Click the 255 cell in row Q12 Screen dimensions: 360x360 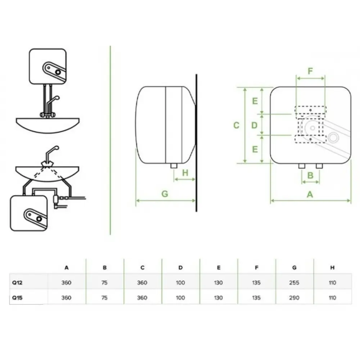coord(294,282)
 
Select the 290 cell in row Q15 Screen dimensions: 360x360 coord(294,298)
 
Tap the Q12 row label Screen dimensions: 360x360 coord(17,282)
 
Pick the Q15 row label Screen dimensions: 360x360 coord(17,298)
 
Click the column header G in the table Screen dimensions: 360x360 coord(294,267)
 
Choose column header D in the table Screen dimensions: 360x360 coord(180,267)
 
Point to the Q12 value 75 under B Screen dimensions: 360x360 coord(104,282)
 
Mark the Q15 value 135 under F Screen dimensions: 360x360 coord(256,298)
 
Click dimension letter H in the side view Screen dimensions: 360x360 coord(185,173)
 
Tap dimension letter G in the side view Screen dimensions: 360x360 coord(165,194)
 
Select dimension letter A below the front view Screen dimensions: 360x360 coord(310,194)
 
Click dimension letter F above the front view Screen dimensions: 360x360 coord(310,71)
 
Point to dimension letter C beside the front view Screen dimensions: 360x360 coord(236,125)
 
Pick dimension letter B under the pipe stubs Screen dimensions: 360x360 coord(310,175)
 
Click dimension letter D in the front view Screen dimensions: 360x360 coord(255,125)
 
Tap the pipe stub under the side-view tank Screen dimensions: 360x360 coord(174,166)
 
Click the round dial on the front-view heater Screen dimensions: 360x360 coord(333,138)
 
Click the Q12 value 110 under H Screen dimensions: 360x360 coord(332,282)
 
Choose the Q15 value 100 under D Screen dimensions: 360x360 coord(180,298)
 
